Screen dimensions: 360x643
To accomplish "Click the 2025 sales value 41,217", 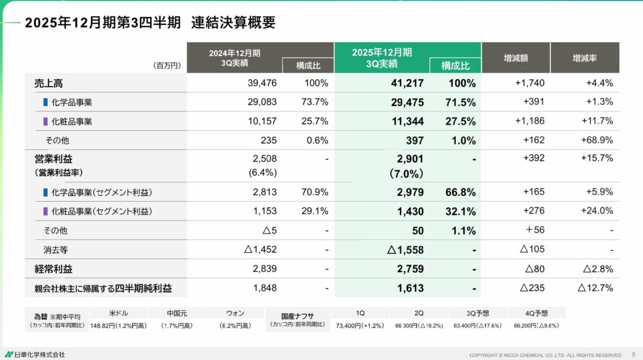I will pos(407,83).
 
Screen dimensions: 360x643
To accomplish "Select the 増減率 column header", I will pos(584,58).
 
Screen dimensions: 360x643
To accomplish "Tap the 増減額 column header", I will pos(516,58).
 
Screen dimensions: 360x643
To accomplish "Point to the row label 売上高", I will pos(48,83).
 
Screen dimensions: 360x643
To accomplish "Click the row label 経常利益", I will pos(53,269).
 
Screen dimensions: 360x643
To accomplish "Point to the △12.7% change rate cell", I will pos(595,289).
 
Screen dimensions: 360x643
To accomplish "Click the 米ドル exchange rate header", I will pos(117,313).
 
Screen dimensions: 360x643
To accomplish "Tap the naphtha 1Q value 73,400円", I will pos(359,326).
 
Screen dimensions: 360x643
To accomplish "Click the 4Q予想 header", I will pos(536,313).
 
